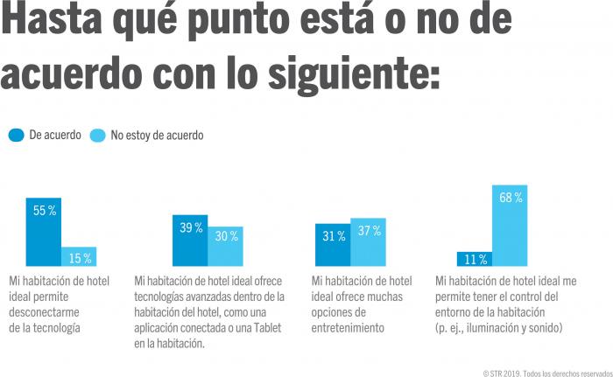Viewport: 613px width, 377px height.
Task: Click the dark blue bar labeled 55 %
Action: click(44, 232)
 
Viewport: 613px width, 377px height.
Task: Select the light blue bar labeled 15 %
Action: click(79, 256)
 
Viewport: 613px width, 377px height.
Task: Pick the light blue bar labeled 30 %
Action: click(226, 246)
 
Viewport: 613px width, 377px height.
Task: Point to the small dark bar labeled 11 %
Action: click(474, 258)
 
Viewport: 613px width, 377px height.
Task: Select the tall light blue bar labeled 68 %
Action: click(510, 225)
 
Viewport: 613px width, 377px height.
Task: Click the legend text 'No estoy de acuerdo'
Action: click(157, 136)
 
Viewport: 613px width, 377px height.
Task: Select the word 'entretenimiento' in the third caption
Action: click(348, 328)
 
